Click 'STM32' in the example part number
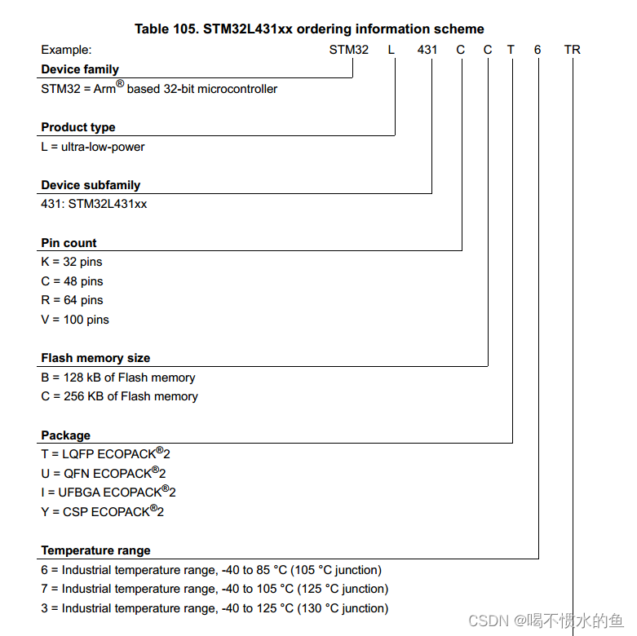pyautogui.click(x=349, y=50)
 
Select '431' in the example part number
pyautogui.click(x=427, y=50)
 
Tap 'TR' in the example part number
pyautogui.click(x=573, y=50)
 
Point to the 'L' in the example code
pyautogui.click(x=391, y=50)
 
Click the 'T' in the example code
pyautogui.click(x=511, y=50)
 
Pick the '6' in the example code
pyautogui.click(x=537, y=50)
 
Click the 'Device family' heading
pyautogui.click(x=80, y=69)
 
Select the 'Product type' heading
pyautogui.click(x=78, y=127)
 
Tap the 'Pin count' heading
pyautogui.click(x=69, y=243)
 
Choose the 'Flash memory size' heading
pyautogui.click(x=95, y=358)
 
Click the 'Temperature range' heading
pyautogui.click(x=95, y=550)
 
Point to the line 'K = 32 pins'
pyautogui.click(x=72, y=262)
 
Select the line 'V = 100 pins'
pyautogui.click(x=75, y=320)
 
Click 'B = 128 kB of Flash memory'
pyautogui.click(x=118, y=378)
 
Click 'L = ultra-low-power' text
pyautogui.click(x=93, y=147)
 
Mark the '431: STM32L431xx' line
pyautogui.click(x=94, y=204)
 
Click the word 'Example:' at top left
pyautogui.click(x=66, y=50)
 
